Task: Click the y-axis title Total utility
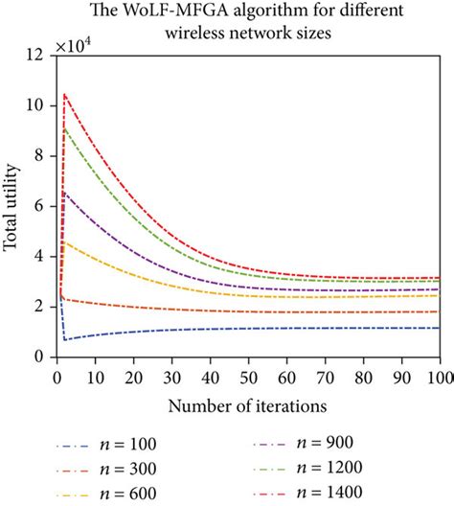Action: (12, 205)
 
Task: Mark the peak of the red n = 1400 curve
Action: (65, 94)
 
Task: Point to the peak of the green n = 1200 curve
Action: (65, 128)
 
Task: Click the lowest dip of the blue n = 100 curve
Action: (65, 339)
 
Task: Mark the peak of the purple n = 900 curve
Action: (65, 193)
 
